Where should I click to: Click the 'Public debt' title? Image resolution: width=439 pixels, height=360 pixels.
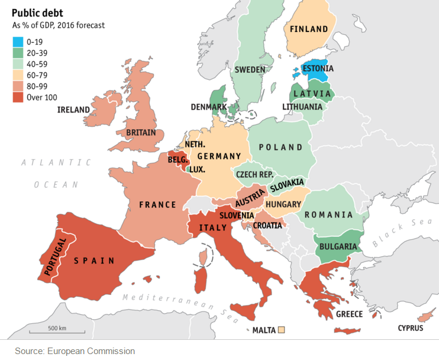[39, 12]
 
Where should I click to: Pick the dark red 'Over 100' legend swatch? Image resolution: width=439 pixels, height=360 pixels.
[18, 98]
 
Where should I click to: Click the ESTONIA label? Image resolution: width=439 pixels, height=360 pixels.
[318, 69]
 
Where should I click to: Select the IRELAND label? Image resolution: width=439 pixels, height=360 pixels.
[73, 110]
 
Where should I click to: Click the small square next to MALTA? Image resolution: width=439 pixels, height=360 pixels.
[282, 330]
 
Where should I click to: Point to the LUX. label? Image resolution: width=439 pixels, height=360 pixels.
[197, 169]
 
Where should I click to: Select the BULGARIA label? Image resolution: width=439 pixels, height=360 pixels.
[337, 246]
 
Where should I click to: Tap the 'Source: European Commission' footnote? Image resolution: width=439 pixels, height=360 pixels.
[75, 351]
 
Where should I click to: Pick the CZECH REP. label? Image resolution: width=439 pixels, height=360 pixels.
[254, 175]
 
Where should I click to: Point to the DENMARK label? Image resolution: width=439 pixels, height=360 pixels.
[209, 107]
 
